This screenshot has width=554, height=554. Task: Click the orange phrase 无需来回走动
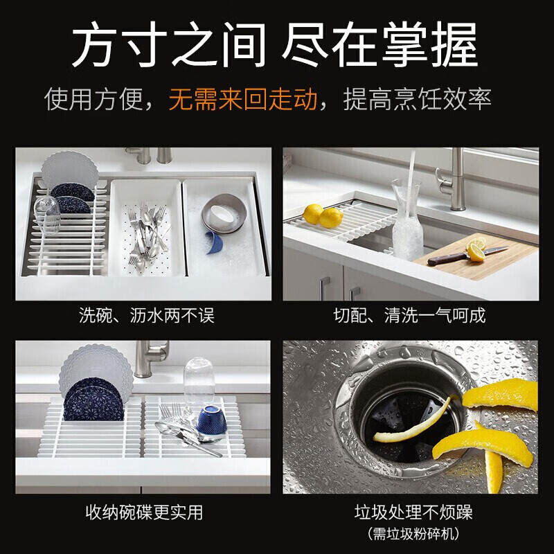(243, 100)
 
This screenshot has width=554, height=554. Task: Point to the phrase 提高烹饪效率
(418, 100)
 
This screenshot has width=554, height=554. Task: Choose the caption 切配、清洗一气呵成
(410, 316)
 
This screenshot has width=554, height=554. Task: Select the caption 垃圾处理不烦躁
(410, 513)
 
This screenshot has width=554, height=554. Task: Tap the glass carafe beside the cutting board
(407, 220)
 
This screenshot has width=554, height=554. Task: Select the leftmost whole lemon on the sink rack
(314, 214)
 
